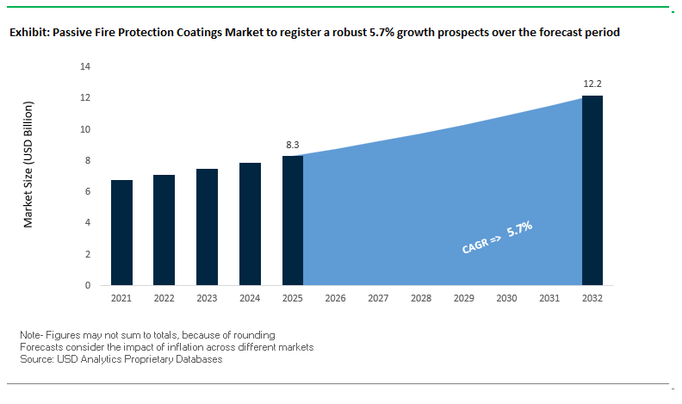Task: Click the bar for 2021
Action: pos(121,233)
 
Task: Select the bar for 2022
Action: pos(164,230)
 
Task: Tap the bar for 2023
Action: pos(207,227)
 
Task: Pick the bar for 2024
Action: pos(250,224)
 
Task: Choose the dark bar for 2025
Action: pos(293,221)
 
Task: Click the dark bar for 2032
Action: pos(592,190)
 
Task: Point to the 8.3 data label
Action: pos(293,145)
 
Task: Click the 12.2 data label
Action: pos(592,84)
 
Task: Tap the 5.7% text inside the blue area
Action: pos(520,229)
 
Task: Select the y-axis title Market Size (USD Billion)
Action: pos(28,165)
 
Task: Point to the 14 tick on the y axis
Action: pos(85,66)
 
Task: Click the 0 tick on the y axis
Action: pos(88,285)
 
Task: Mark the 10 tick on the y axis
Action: pos(85,129)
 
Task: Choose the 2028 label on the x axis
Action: pos(421,298)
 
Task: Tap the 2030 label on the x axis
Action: pos(506,298)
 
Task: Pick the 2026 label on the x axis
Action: pos(335,298)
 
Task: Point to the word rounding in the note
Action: pos(254,335)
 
